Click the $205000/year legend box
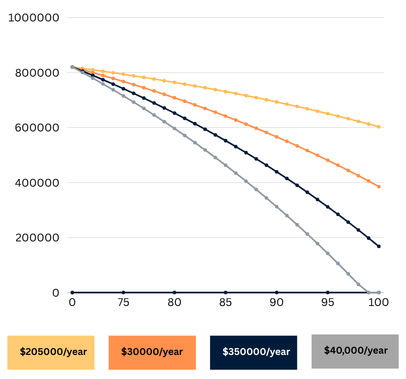pos(51,352)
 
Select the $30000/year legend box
pos(152,352)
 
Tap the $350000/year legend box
pos(253,352)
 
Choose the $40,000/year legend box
pos(355,351)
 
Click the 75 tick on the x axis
pos(123,302)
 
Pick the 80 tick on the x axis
pos(175,302)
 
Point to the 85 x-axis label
pos(226,302)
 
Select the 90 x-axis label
pos(276,302)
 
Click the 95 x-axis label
pos(328,302)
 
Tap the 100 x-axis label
pos(379,302)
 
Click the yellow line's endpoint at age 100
pos(379,127)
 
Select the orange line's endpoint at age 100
pos(379,187)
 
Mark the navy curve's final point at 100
pos(379,246)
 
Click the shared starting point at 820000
pos(72,67)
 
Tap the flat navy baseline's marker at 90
pos(276,293)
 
